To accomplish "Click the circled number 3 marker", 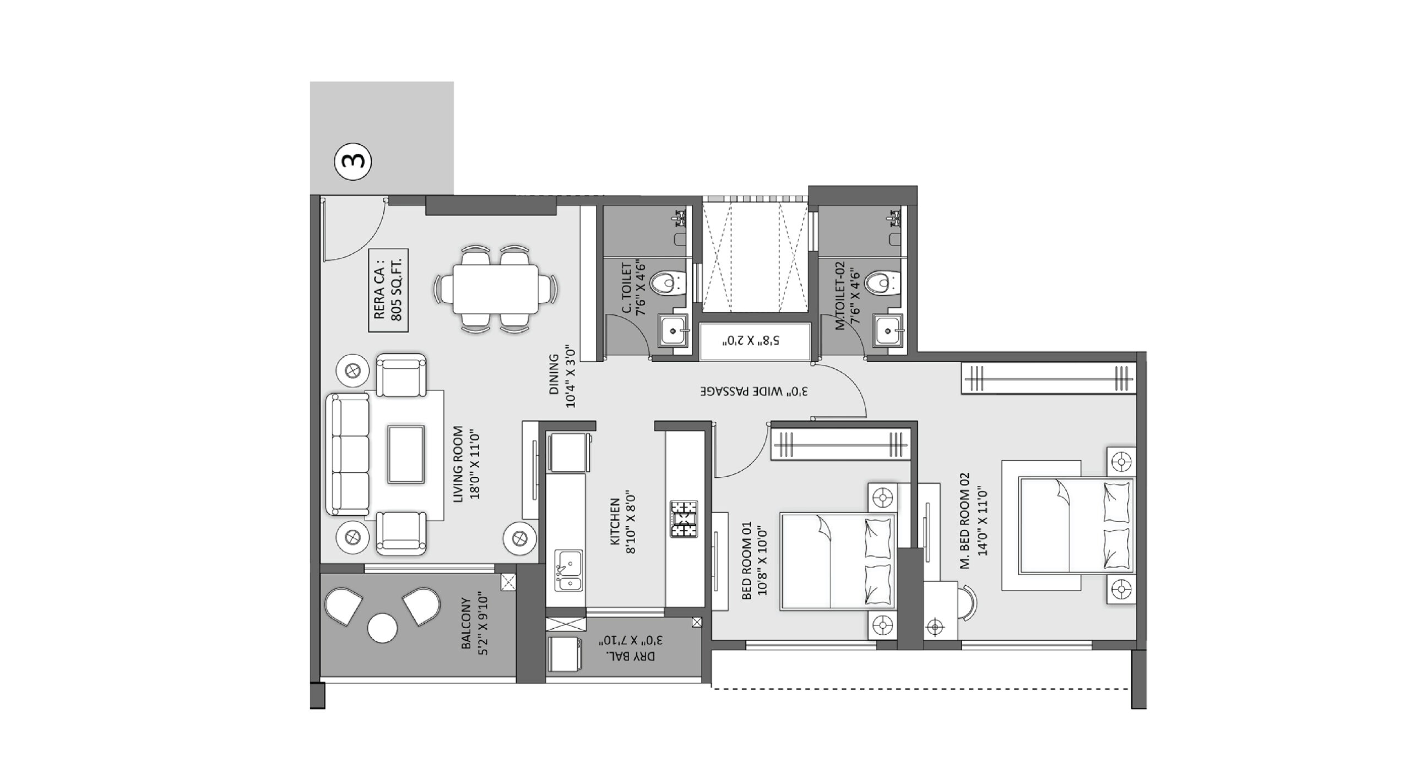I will pos(353,161).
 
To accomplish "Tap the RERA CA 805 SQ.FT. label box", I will pos(388,290).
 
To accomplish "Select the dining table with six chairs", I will pos(496,289).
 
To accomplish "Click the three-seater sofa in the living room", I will pos(348,454).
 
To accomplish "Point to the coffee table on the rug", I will pos(405,454).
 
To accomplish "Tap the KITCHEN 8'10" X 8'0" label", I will pos(623,526).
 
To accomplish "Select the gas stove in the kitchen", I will pos(684,519).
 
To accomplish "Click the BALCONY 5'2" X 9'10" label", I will pos(475,626).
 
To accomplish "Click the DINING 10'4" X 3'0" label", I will pos(562,380).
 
